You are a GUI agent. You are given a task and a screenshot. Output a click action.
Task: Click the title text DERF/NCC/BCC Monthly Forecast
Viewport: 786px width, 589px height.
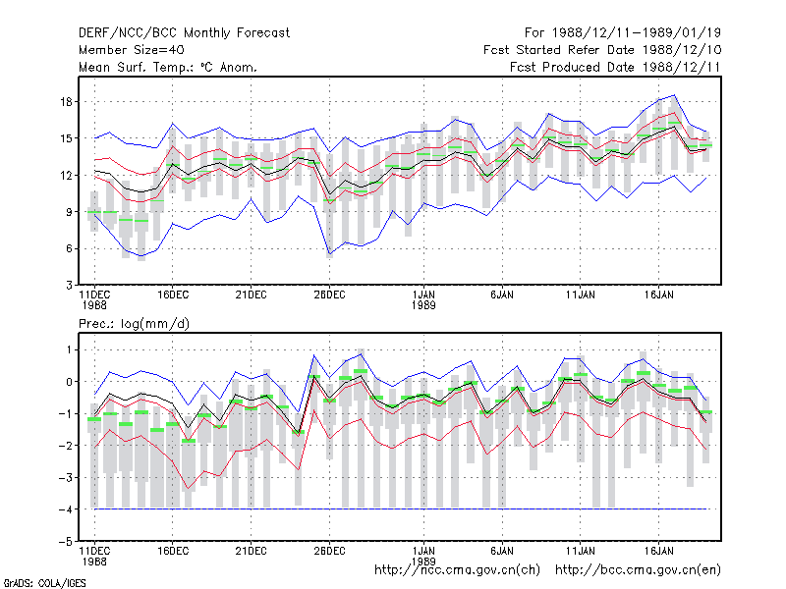(x=184, y=33)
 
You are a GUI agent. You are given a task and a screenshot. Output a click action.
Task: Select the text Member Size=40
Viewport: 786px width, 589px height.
(x=132, y=50)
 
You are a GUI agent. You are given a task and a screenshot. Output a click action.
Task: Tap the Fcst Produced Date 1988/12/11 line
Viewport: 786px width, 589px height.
(x=615, y=67)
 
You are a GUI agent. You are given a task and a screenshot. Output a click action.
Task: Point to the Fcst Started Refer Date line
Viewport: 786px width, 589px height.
(x=602, y=50)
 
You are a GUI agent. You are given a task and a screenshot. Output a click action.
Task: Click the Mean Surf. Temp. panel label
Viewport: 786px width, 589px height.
(x=167, y=67)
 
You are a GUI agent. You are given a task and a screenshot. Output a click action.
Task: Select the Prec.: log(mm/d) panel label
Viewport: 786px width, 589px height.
(x=134, y=324)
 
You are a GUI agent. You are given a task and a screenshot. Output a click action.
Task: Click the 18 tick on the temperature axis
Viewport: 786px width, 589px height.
(x=66, y=102)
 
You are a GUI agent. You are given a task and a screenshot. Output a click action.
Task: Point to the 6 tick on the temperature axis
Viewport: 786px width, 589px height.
(x=69, y=248)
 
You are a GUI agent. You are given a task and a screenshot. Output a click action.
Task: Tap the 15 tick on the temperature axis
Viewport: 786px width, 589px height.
(x=66, y=138)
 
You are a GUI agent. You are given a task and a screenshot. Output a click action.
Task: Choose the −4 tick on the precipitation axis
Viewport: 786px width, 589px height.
(x=65, y=509)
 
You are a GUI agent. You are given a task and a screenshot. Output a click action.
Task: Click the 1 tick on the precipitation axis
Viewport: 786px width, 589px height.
(x=70, y=349)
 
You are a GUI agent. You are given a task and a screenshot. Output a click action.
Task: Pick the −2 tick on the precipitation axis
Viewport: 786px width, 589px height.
(x=65, y=446)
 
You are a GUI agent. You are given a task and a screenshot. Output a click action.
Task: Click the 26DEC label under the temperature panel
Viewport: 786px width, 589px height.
(x=329, y=295)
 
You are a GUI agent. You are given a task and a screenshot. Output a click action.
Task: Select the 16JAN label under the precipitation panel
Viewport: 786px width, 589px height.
(x=658, y=551)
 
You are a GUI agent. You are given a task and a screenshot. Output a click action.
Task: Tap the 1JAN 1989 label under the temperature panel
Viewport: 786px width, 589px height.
(x=423, y=300)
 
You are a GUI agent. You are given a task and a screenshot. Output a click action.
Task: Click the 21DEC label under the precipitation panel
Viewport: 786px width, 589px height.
(x=252, y=551)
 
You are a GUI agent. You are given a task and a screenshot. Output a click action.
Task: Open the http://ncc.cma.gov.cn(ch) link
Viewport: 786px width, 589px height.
(x=457, y=570)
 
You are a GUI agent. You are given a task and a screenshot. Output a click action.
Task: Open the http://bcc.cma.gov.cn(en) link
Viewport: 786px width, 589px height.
(x=638, y=570)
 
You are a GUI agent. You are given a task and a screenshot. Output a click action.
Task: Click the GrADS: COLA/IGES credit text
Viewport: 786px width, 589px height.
(x=44, y=583)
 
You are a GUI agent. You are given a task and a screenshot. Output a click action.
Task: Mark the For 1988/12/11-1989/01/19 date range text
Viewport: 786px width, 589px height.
(x=623, y=33)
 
